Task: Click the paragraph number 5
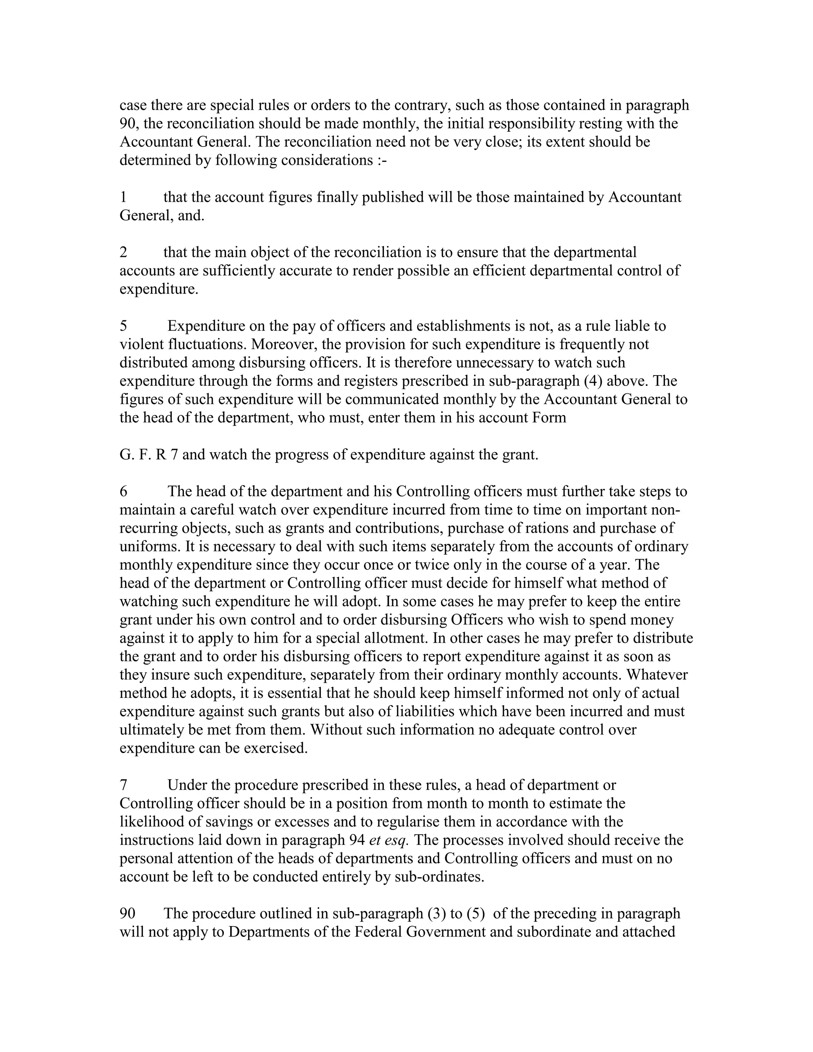pos(123,326)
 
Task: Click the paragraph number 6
pos(123,492)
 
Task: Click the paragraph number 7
pos(123,785)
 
